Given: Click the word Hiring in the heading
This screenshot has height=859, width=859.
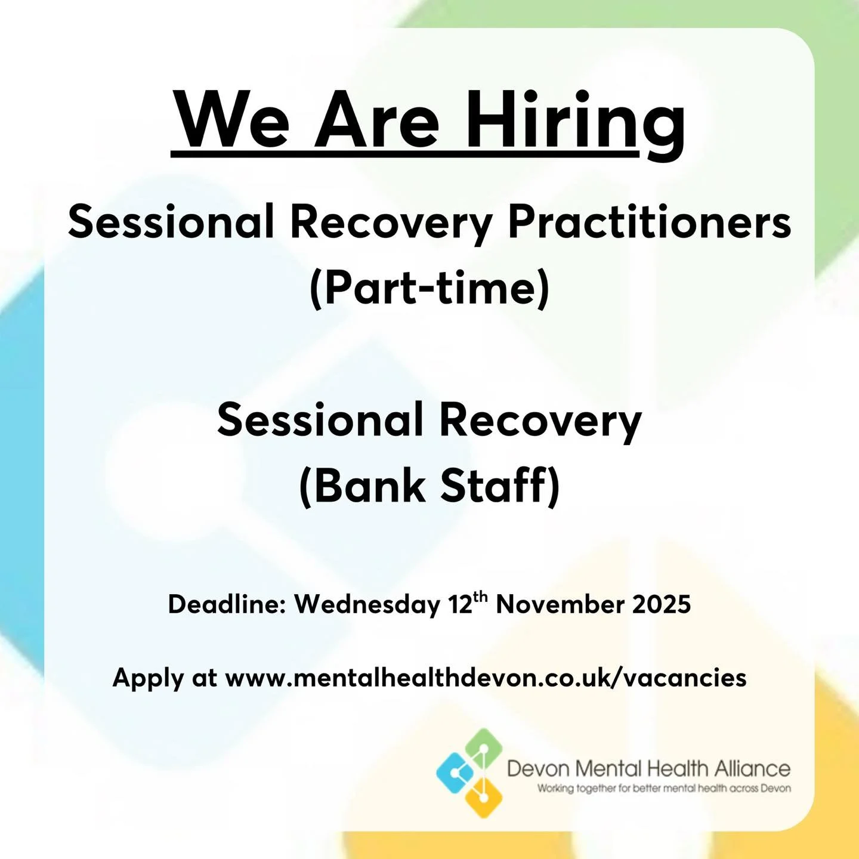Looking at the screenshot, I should [x=575, y=121].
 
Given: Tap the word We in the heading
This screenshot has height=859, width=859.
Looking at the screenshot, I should [x=234, y=121].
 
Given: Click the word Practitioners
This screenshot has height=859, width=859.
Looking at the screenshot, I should [x=649, y=223].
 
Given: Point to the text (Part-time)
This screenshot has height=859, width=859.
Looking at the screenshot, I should [x=429, y=288].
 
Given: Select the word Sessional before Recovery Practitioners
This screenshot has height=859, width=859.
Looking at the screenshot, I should [x=171, y=223].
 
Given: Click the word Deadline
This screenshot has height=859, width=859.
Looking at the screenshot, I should [x=227, y=604].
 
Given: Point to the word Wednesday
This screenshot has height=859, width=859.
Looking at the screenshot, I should [x=367, y=604].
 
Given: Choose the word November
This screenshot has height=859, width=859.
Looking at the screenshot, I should [x=560, y=604].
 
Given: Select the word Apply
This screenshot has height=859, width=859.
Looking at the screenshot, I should [x=148, y=678].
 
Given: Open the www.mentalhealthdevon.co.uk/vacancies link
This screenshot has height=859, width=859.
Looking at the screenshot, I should [x=486, y=678].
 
